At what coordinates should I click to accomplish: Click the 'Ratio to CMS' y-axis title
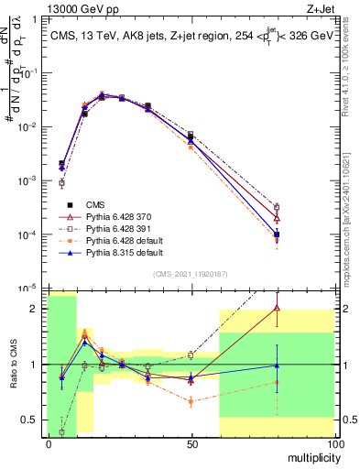pyautogui.click(x=12, y=365)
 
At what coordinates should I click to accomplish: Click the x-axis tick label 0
pyautogui.click(x=49, y=443)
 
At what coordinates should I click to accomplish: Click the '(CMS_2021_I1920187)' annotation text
pyautogui.click(x=191, y=275)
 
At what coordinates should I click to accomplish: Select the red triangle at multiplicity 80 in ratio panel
pyautogui.click(x=277, y=308)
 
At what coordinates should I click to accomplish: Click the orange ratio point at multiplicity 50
pyautogui.click(x=191, y=401)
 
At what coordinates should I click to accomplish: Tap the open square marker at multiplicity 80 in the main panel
pyautogui.click(x=277, y=207)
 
